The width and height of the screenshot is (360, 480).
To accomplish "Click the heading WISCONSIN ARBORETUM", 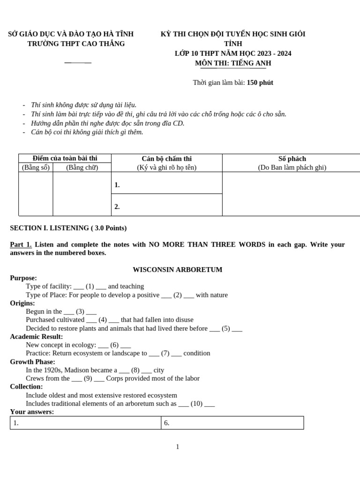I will [x=177, y=270].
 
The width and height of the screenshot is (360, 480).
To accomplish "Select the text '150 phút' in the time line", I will [x=260, y=82].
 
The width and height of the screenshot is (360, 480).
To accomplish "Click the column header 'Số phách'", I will [x=292, y=159].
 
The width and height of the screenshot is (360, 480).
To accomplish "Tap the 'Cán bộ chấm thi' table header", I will [x=166, y=159].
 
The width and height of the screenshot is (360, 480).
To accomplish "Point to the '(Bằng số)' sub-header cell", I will [x=36, y=167].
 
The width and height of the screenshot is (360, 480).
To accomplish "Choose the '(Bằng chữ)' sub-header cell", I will [x=82, y=167].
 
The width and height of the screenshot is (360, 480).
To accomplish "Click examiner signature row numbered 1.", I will [x=166, y=185].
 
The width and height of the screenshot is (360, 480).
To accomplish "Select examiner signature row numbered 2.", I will [x=166, y=206].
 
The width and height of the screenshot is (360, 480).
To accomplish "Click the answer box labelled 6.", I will [x=232, y=423].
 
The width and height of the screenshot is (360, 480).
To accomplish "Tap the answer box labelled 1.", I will [x=85, y=423].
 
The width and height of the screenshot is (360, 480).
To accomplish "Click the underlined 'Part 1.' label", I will [x=21, y=245].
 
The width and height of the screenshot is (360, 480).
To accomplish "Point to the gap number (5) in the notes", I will [x=225, y=328].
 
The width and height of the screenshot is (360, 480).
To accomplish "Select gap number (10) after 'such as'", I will [x=196, y=404].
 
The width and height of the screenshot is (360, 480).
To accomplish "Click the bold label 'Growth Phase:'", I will [x=32, y=362].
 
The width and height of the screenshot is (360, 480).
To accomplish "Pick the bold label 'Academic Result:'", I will [x=37, y=337].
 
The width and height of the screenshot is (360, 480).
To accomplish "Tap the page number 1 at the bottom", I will [x=178, y=447].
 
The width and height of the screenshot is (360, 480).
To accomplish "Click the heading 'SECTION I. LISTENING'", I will [x=68, y=228].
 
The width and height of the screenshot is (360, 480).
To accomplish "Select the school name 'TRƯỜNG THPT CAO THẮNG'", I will [x=76, y=44].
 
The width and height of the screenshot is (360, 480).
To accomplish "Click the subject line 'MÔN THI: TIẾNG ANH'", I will [x=233, y=63].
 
